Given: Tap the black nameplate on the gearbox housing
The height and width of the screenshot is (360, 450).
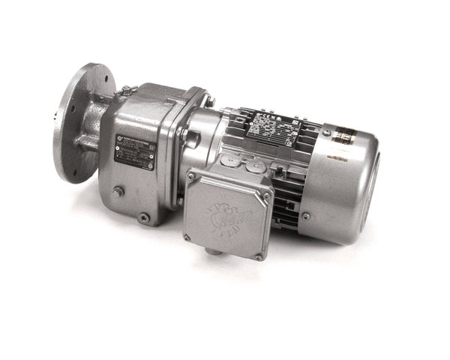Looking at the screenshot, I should click(134, 152).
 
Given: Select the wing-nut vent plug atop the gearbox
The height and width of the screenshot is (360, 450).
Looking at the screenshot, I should click(128, 90).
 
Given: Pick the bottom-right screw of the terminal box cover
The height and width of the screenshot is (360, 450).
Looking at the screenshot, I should click(259, 256).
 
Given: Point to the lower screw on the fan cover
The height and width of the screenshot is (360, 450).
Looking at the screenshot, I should click(306, 216).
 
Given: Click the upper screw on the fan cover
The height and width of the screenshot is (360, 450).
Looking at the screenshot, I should click(327, 133).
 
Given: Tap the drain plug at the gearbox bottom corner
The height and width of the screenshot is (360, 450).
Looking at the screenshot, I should click(143, 217).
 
